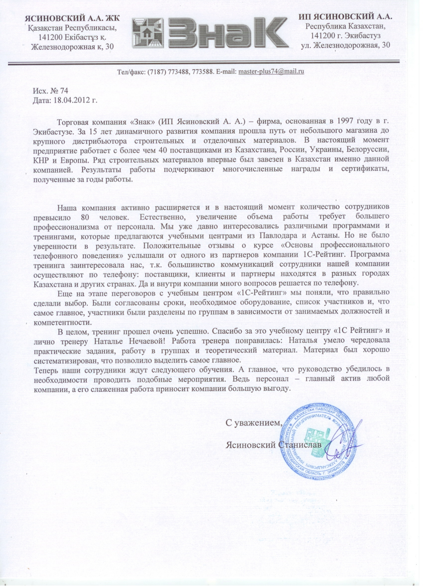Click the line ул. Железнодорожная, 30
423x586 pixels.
[x=345, y=45]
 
